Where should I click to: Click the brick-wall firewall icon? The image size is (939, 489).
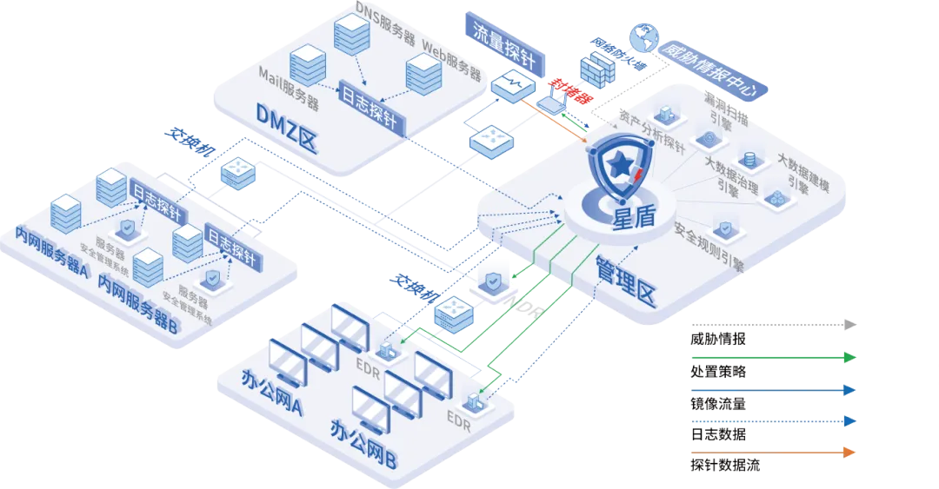598,63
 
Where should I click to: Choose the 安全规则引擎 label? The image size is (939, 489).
709,246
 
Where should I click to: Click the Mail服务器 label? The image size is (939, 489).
289,89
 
